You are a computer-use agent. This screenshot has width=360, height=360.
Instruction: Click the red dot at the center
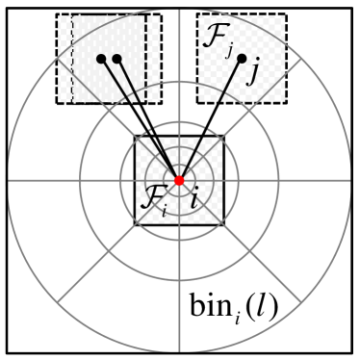point(180,181)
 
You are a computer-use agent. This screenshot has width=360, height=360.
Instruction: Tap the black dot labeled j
point(241,58)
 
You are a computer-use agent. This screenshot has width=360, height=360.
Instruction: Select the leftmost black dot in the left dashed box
point(100,59)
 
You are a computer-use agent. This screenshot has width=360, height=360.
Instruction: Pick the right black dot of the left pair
point(116,59)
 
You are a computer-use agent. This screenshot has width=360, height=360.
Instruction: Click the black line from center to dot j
point(212,117)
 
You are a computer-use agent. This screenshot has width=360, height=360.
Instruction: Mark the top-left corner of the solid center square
point(135,137)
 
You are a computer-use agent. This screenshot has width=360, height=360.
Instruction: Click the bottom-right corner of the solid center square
point(225,225)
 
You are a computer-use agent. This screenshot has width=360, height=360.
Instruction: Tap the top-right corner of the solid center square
point(225,137)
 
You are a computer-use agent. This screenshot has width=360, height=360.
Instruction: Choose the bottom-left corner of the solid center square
point(135,225)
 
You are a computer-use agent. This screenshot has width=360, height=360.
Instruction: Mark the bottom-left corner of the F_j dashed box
point(197,103)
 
